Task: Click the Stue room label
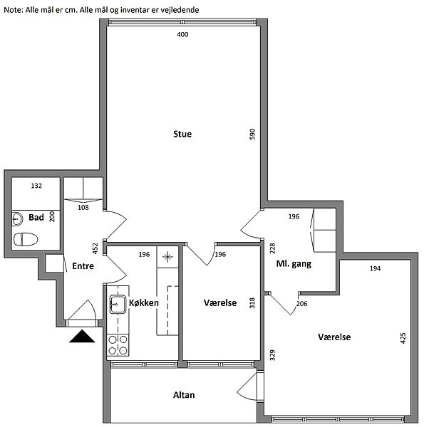pos(182,134)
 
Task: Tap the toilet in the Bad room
pos(26,239)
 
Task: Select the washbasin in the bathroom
pos(17,218)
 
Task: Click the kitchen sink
pos(118,304)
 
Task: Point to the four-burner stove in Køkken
pos(118,345)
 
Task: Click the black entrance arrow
pos(82,336)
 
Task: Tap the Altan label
pos(184,395)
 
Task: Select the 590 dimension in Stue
pos(252,135)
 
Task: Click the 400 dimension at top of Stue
pos(182,34)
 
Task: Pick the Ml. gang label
pos(294,263)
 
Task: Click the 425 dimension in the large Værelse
pos(403,338)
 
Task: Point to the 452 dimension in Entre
pos(95,248)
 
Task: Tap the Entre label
pos(83,265)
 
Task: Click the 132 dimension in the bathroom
pos(36,186)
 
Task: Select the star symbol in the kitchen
pos(167,257)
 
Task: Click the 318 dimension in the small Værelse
pos(252,303)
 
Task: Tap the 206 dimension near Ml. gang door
pos(302,303)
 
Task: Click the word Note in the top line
pos(12,10)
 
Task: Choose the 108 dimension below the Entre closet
pos(83,208)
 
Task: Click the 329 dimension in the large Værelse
pos(272,355)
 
